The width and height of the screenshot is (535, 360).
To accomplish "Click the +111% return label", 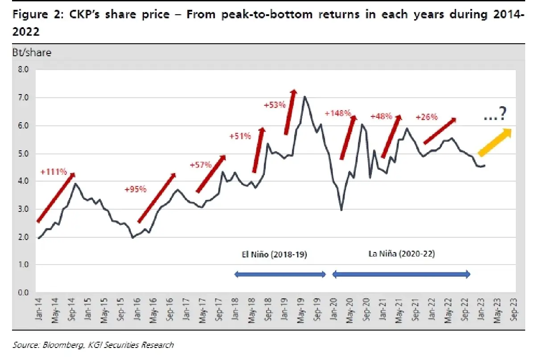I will click(53, 171).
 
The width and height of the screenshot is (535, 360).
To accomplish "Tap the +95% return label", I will click(135, 189).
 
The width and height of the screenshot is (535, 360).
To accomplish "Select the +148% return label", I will click(338, 113).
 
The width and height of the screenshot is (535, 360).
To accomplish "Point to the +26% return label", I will click(426, 117).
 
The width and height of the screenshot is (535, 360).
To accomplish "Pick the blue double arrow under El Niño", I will click(280, 275).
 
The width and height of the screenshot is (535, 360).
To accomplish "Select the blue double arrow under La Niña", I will click(401, 275).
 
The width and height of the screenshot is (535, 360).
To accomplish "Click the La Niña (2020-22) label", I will click(402, 254).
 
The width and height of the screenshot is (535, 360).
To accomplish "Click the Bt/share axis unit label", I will click(32, 53).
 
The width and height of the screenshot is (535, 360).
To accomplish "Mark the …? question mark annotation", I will click(495, 116).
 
